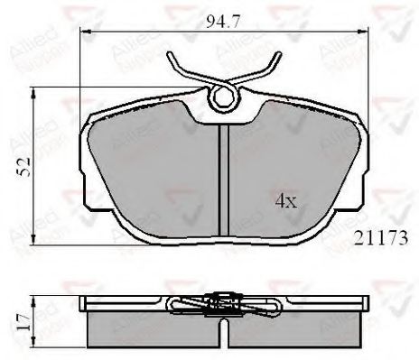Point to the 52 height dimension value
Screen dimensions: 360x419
point(27,162)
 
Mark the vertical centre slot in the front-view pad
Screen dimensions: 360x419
point(223,176)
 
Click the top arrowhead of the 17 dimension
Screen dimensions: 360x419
point(34,298)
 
